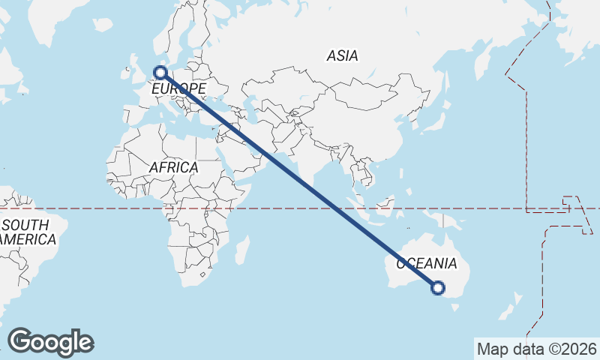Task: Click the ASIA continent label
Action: point(342,55)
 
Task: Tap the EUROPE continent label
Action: point(178,90)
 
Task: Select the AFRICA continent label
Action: point(173,167)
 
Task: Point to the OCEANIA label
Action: point(426,263)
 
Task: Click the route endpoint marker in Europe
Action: point(160,73)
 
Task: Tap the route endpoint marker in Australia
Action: point(439,287)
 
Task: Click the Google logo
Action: point(50,342)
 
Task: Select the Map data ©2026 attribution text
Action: point(536,349)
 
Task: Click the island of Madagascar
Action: point(241,249)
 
